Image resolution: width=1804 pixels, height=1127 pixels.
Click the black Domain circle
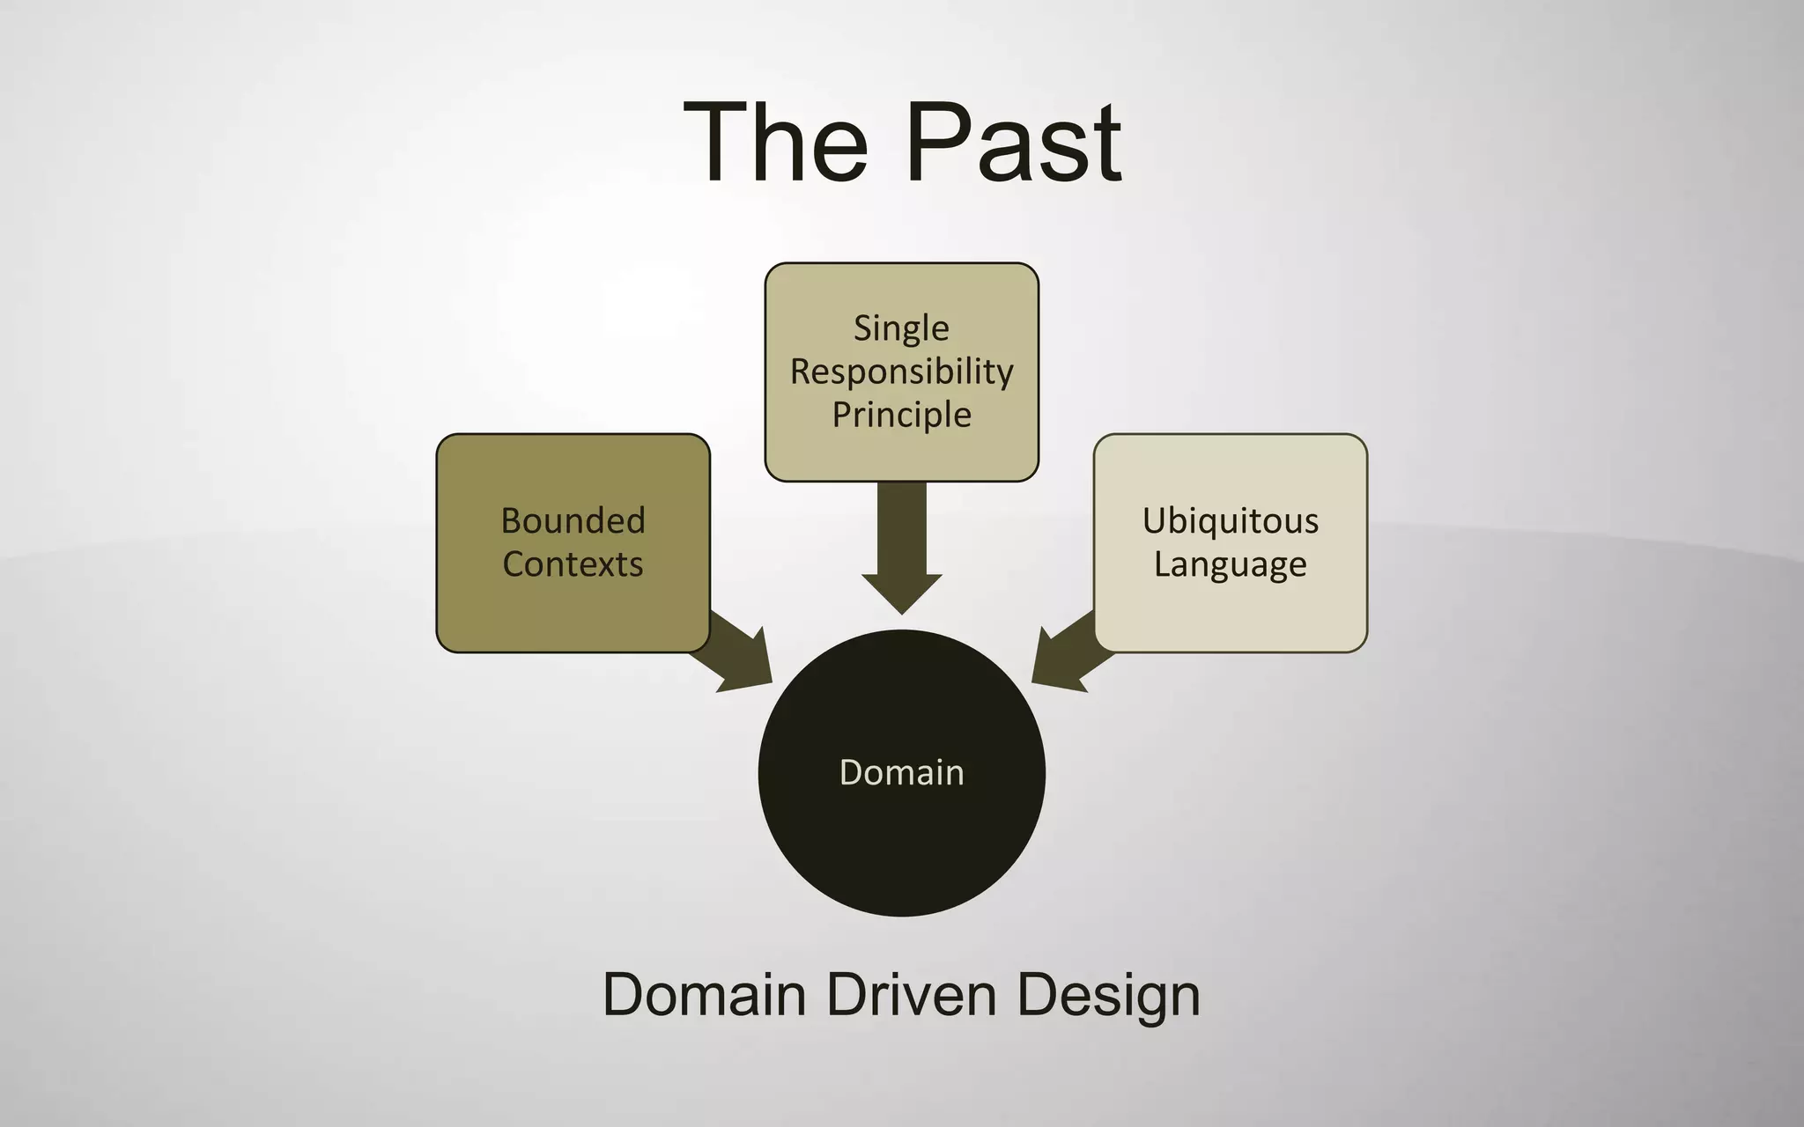[901, 845]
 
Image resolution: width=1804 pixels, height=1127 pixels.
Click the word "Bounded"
[573, 520]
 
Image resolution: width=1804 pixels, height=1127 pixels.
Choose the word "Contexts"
[573, 563]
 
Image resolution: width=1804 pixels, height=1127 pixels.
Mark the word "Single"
[901, 328]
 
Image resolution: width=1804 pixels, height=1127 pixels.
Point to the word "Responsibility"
[901, 372]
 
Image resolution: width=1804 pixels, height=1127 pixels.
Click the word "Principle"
[901, 415]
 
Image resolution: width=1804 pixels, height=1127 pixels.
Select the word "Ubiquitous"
[1231, 520]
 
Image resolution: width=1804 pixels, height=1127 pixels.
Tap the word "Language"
[1231, 564]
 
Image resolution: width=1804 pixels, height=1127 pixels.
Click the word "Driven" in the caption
[911, 995]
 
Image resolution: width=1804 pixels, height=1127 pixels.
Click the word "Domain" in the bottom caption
[705, 995]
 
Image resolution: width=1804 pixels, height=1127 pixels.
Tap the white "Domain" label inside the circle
[901, 772]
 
